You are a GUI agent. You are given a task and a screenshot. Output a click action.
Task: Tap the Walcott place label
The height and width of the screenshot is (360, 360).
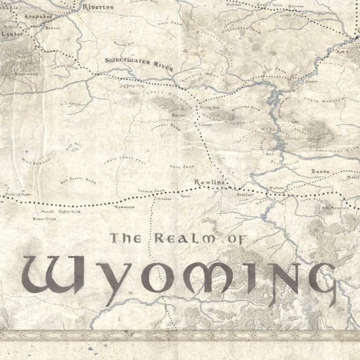[277, 188]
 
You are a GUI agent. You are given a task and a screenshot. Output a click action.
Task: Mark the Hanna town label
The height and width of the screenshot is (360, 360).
[319, 172]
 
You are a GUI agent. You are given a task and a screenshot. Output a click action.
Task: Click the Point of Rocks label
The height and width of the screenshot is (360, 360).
[18, 194]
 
